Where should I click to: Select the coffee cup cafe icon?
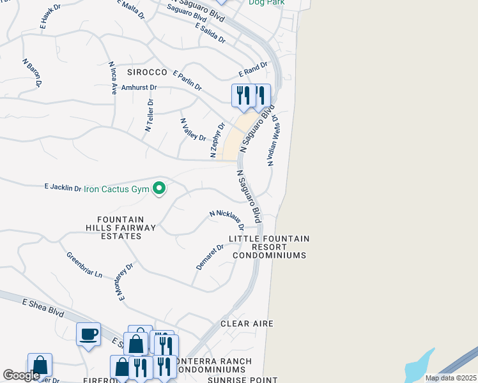(88, 334)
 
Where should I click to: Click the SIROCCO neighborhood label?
(146, 73)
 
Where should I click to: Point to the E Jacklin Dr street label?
(63, 188)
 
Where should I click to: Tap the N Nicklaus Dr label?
(227, 220)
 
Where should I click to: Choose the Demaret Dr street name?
(210, 257)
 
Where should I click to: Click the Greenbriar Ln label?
(84, 264)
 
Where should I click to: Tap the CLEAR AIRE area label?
(247, 324)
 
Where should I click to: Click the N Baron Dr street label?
(32, 73)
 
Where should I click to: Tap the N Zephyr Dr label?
(217, 140)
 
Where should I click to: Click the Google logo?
(21, 375)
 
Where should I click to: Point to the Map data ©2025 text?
(451, 378)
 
